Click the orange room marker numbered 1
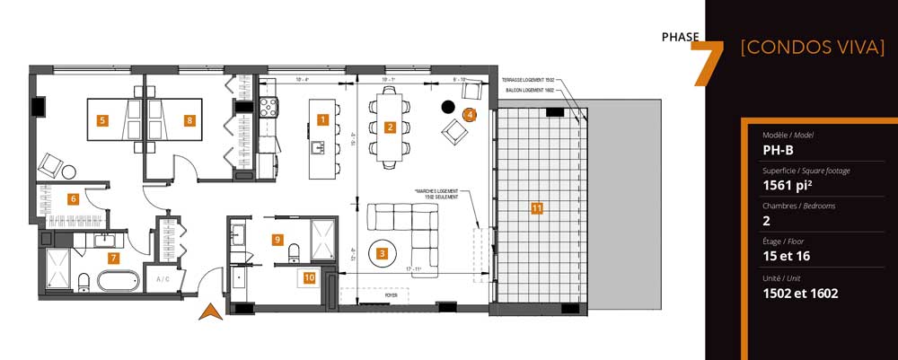pos(323,119)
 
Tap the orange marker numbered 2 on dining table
pos(390,127)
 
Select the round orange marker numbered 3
pos(383,254)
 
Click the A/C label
pos(163,279)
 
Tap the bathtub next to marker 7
pos(118,280)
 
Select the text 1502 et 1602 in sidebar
pos(800,293)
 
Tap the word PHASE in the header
pos(679,37)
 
